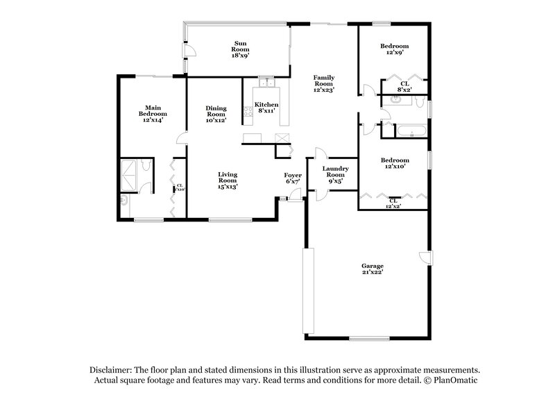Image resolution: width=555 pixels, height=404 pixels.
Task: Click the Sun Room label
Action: [x=240, y=51]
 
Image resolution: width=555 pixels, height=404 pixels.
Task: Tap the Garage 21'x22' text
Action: [x=372, y=269]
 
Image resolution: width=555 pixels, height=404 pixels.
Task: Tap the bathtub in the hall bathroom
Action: [x=411, y=130]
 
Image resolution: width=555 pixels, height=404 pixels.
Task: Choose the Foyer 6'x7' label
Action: [x=293, y=178]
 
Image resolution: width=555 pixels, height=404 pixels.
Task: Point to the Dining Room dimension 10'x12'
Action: [x=216, y=121]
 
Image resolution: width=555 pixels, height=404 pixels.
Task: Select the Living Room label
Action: [x=228, y=180]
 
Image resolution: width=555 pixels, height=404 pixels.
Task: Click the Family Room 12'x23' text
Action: [x=323, y=84]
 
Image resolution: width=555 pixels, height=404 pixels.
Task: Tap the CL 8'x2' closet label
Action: [x=404, y=86]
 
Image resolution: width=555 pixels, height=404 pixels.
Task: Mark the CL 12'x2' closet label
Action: [x=393, y=203]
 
